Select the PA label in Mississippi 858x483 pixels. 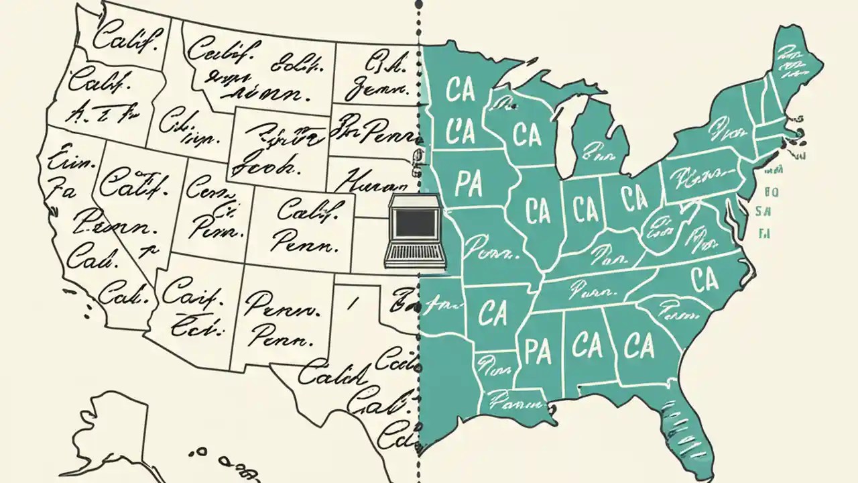point(538,351)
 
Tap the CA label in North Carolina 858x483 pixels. point(704,280)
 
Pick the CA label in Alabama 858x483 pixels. point(587,346)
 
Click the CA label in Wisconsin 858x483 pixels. point(527,133)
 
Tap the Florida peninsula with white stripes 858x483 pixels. point(690,429)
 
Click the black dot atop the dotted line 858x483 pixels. point(418,4)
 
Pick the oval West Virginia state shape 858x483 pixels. point(660,228)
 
